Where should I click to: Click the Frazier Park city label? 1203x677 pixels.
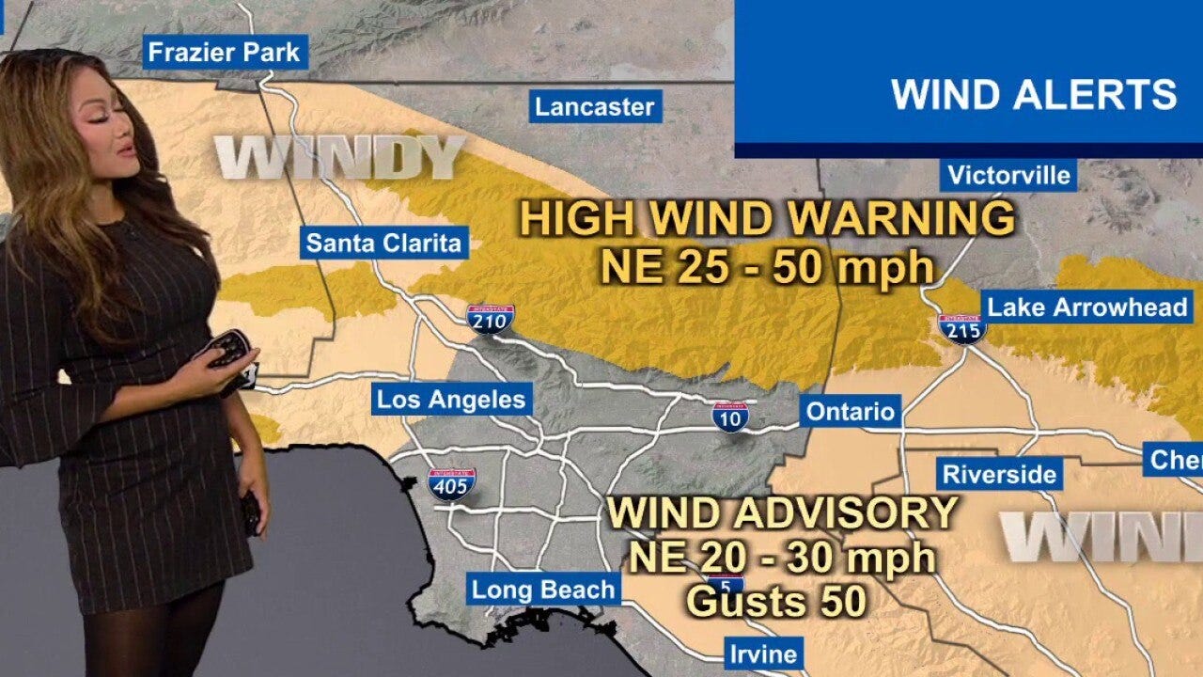[x=225, y=52]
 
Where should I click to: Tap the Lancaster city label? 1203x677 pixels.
[x=594, y=106]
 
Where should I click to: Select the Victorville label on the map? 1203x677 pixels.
[x=1008, y=175]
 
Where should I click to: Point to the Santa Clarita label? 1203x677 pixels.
[x=384, y=244]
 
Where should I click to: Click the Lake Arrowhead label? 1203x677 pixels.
[x=1087, y=307]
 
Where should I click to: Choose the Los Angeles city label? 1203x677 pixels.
[x=451, y=399]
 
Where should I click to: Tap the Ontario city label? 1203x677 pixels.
[x=851, y=411]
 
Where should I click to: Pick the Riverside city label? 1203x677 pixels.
[x=999, y=474]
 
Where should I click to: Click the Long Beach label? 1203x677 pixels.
[x=543, y=590]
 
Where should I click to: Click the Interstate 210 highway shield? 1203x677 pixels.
[x=490, y=320]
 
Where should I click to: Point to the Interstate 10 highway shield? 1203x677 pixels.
[x=730, y=416]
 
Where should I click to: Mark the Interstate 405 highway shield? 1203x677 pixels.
[x=451, y=483]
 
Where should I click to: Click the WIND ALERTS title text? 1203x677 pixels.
[x=1034, y=95]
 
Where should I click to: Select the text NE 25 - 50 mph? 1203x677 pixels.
[x=767, y=268]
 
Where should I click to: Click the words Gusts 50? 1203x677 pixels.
[x=775, y=602]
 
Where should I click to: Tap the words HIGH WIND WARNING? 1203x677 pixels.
[x=767, y=219]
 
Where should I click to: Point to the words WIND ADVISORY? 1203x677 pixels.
[x=782, y=513]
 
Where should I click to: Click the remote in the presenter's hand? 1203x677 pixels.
[x=227, y=349]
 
